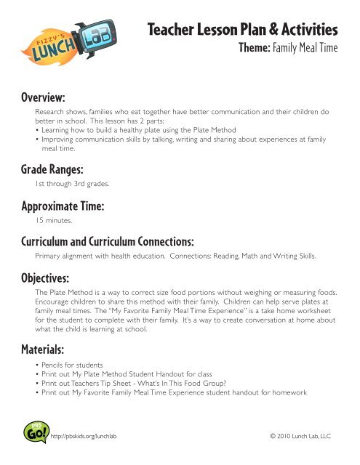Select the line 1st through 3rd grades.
coord(71,185)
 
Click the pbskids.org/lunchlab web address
coord(85,436)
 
